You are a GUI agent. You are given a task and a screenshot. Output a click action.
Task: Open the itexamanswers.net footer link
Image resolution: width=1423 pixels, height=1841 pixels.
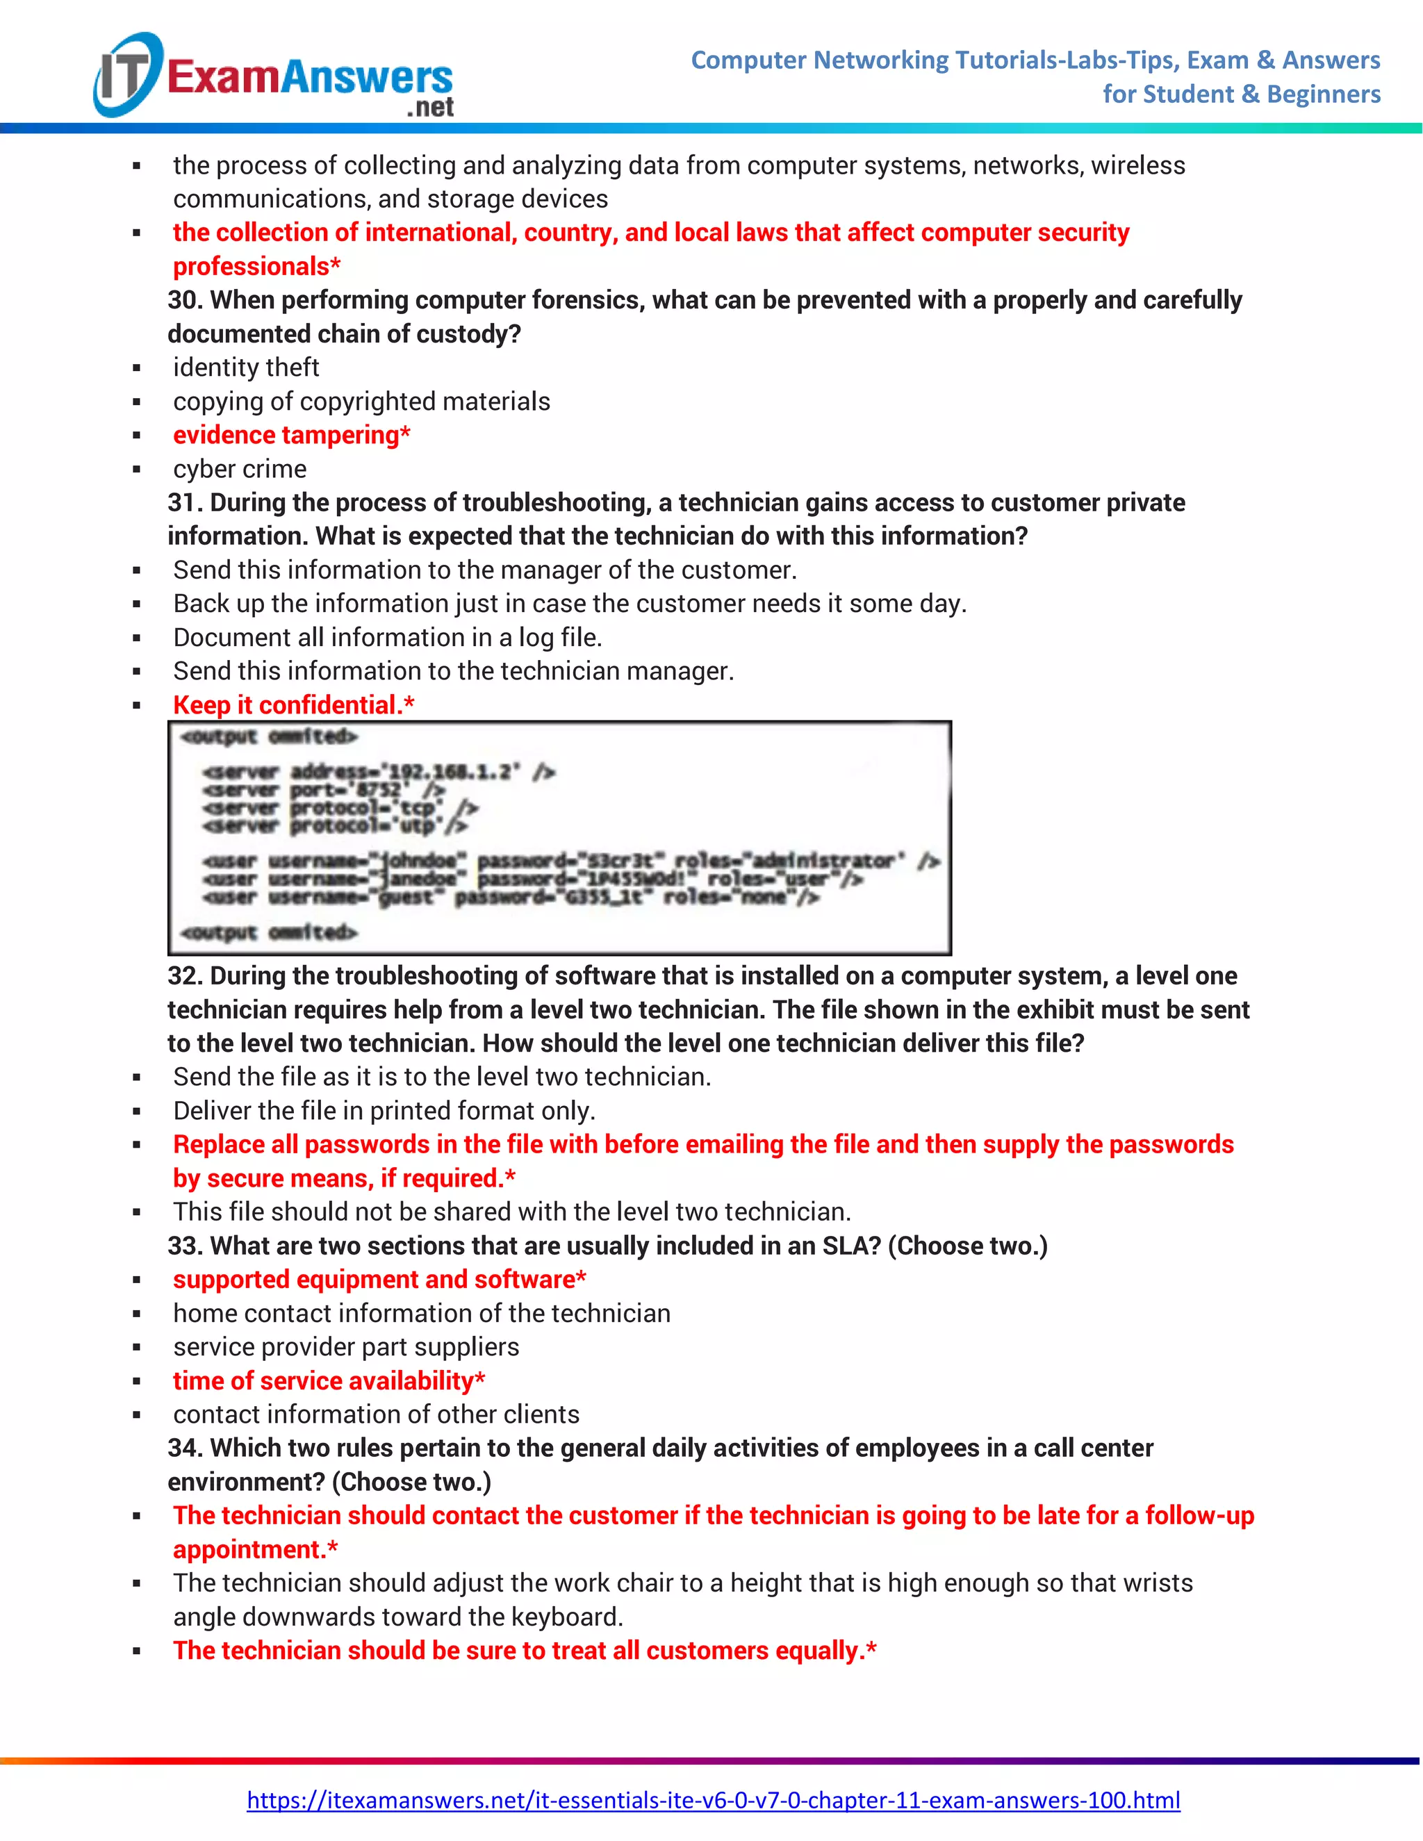pos(712,1801)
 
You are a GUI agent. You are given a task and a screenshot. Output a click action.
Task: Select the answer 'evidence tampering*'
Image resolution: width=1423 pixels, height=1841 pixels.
pos(291,435)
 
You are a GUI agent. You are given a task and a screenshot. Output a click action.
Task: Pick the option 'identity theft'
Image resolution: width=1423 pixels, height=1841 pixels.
pos(245,368)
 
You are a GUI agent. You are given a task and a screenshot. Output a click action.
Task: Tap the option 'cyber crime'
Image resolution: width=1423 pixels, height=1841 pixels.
pos(240,469)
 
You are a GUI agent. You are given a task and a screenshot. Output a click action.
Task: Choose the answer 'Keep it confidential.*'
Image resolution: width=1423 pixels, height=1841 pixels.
pos(293,704)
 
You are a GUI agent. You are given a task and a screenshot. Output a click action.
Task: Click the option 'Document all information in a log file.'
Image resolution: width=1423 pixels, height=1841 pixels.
pos(387,637)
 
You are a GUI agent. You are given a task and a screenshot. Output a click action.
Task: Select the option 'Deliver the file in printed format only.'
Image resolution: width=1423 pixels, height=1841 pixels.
pos(384,1111)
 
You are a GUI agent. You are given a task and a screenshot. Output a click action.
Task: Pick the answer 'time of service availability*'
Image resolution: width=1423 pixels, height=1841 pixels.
pos(328,1381)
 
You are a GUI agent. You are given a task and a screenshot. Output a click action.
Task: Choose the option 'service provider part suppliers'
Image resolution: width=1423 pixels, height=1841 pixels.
pos(345,1347)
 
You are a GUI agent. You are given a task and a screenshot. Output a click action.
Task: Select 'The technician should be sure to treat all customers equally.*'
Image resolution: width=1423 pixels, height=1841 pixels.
pos(525,1651)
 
